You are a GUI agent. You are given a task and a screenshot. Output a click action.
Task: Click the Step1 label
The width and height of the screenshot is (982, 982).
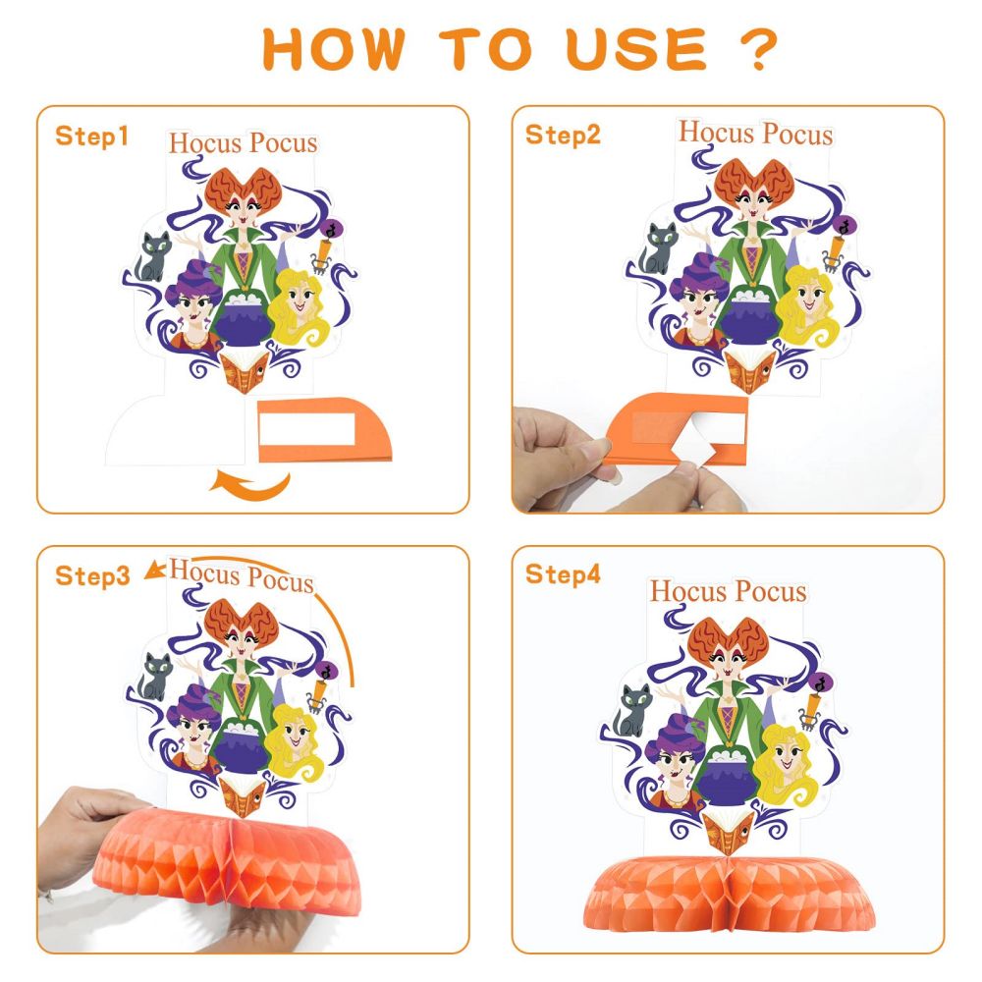(x=91, y=136)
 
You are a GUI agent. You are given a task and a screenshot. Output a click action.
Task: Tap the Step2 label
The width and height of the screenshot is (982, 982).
(x=563, y=135)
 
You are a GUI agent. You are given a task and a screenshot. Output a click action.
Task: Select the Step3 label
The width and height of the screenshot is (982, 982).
(x=92, y=575)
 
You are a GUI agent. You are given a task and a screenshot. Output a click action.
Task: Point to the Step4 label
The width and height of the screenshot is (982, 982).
(x=563, y=574)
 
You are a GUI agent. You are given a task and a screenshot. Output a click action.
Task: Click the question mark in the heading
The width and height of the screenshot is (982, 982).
(x=758, y=49)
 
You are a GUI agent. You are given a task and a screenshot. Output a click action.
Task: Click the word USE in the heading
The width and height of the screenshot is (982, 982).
(x=635, y=49)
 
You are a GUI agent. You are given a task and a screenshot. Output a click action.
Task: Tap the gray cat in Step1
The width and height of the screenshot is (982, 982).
(x=153, y=256)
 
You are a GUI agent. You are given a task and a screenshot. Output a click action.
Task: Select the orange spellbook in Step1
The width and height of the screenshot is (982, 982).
(x=245, y=371)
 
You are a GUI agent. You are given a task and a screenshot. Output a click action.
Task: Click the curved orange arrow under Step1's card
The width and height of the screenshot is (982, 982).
(x=250, y=485)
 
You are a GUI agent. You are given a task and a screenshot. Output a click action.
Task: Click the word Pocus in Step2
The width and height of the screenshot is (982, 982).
(x=797, y=135)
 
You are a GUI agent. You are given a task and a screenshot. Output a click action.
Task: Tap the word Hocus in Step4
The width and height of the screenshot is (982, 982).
(x=688, y=591)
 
